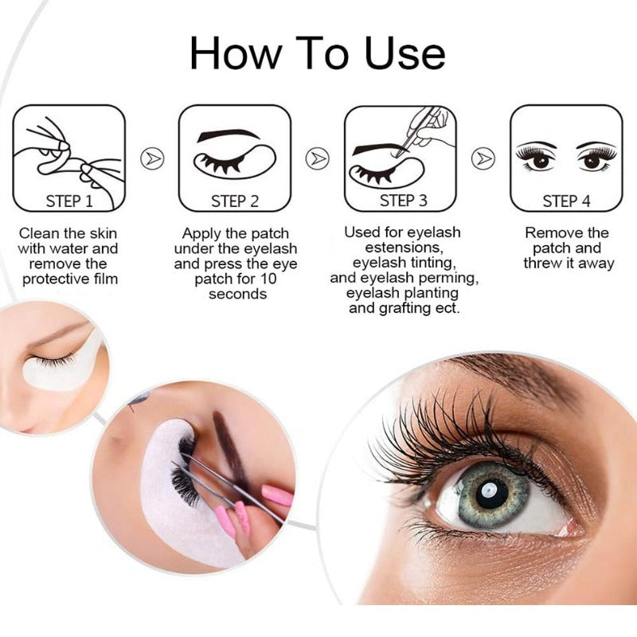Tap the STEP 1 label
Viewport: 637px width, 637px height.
coord(69,201)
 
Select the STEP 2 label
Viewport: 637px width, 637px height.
coord(235,201)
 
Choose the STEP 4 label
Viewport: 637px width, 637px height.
coord(566,201)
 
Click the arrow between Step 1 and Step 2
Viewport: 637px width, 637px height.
coord(151,159)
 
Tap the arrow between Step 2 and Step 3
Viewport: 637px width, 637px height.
coord(317,159)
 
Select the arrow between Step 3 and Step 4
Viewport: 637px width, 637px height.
coord(483,159)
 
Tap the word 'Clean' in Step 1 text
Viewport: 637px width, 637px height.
coord(39,233)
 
